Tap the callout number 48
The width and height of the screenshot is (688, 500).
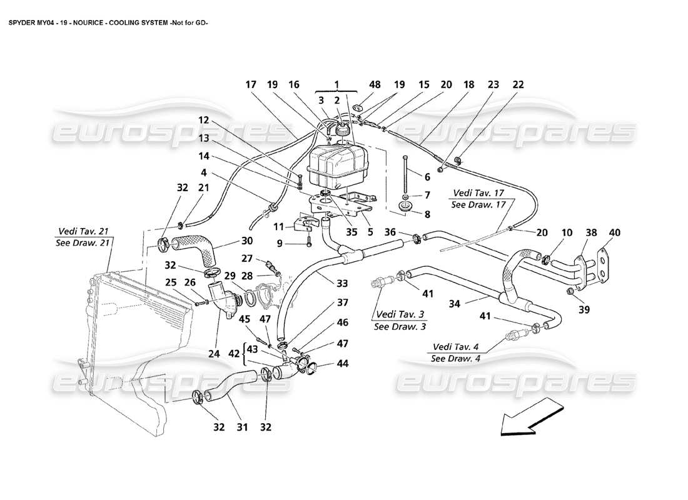pos(358,84)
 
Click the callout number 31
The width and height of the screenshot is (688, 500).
pos(242,427)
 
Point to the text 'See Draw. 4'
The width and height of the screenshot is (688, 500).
pos(456,358)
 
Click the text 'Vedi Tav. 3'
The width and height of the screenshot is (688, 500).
pos(397,315)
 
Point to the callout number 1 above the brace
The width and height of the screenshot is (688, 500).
pos(336,84)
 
